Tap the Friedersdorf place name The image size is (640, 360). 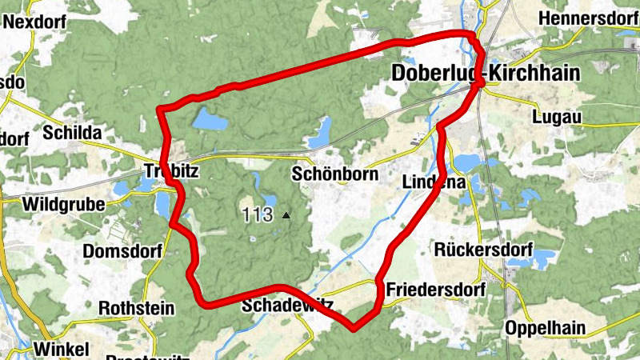click(435, 289)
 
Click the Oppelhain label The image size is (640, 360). click(545, 327)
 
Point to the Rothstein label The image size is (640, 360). click(132, 307)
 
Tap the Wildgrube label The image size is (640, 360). click(65, 205)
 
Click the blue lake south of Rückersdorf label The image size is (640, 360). click(541, 258)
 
